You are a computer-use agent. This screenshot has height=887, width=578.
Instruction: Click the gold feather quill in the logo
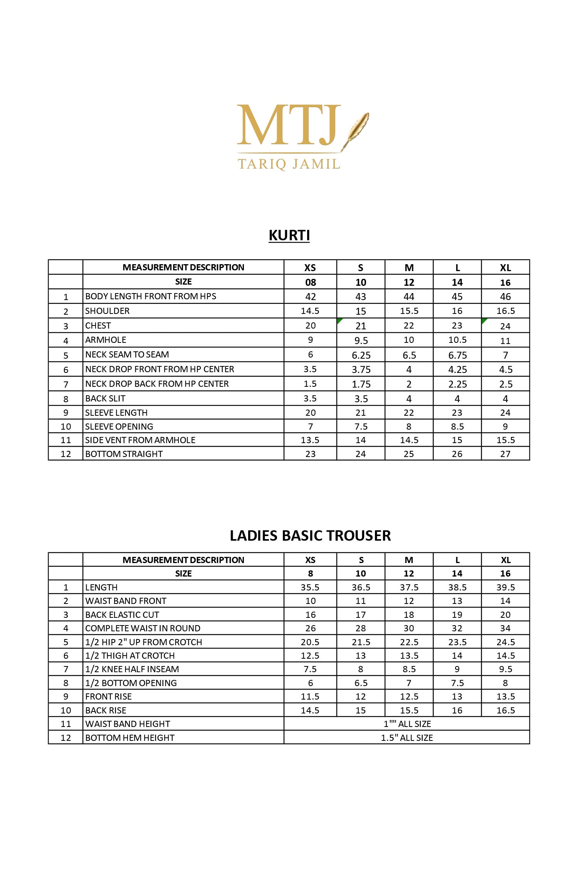356,129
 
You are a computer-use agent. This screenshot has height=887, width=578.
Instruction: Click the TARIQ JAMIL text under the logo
289,164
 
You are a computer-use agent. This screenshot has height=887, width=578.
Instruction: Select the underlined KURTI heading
289,235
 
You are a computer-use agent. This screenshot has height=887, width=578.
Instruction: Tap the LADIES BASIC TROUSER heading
310,536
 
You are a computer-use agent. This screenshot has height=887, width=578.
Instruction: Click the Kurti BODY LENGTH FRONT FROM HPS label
151,296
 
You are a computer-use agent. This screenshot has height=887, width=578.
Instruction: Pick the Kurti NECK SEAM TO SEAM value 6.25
361,355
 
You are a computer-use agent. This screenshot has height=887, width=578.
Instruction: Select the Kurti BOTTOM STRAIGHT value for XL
505,454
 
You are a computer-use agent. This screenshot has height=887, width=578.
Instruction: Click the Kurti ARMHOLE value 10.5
457,340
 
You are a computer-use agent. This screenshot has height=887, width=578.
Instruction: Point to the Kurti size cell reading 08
311,282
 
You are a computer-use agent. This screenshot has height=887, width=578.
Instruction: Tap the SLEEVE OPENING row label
119,427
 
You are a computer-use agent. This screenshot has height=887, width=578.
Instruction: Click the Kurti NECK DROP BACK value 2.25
457,384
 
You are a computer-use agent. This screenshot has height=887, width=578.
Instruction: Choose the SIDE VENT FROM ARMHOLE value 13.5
310,440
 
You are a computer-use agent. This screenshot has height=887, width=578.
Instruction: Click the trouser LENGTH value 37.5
409,587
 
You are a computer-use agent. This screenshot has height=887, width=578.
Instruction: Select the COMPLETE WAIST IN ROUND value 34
505,628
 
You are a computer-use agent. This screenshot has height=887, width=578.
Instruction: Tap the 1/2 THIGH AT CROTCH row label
130,656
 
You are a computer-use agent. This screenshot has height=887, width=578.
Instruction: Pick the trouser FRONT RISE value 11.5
310,696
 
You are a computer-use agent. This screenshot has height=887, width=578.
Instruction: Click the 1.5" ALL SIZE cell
407,738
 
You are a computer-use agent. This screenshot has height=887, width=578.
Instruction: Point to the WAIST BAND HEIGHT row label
128,724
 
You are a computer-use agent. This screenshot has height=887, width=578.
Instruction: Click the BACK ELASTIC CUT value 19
457,615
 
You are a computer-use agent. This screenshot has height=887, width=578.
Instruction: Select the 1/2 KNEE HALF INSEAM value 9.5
505,669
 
